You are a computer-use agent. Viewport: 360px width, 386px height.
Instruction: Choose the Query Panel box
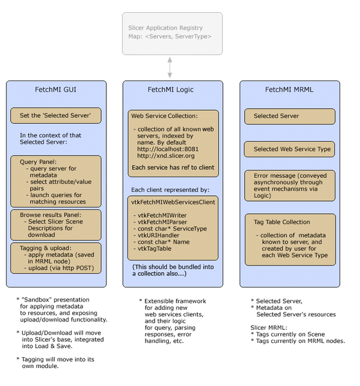click(x=55, y=180)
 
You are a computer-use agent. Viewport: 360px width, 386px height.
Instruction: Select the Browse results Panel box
click(x=55, y=224)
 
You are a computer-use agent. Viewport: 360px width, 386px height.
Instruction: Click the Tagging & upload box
click(x=55, y=257)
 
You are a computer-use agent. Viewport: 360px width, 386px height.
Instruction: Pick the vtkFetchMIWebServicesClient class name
click(x=173, y=201)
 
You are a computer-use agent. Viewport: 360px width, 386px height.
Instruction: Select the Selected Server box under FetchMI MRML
click(x=289, y=117)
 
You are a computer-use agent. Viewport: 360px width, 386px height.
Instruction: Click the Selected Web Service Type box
click(x=289, y=149)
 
